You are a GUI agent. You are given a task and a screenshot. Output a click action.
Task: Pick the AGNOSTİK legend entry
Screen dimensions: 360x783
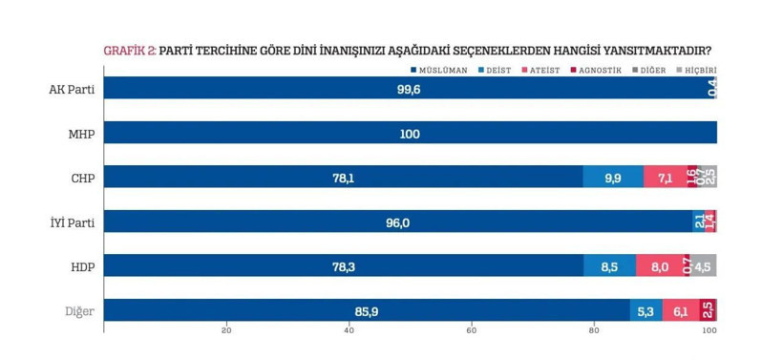[598, 71]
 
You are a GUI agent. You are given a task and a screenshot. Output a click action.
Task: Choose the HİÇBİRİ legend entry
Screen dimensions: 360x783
[697, 71]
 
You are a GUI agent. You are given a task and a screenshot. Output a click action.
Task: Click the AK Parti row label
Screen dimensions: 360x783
[71, 89]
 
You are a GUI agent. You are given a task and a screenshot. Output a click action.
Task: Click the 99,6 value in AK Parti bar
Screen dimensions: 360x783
[410, 89]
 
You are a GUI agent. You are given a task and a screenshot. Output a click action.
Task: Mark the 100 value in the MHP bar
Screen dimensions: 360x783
[410, 134]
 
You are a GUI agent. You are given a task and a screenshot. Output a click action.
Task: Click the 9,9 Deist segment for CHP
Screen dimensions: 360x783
[613, 178]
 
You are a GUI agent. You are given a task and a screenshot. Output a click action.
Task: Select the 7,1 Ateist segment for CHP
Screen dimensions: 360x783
[665, 178]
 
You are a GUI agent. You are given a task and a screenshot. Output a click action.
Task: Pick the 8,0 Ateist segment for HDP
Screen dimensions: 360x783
[658, 266]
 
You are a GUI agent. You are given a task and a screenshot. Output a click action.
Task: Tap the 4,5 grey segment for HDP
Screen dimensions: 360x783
[703, 266]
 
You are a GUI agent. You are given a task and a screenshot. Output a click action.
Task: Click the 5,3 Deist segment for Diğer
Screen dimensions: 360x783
[646, 310]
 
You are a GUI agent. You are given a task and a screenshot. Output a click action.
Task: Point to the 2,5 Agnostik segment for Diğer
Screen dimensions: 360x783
[709, 310]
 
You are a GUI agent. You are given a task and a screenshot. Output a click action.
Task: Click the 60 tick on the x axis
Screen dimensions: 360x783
[471, 331]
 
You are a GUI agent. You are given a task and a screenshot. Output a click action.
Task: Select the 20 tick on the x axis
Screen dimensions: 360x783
[226, 331]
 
